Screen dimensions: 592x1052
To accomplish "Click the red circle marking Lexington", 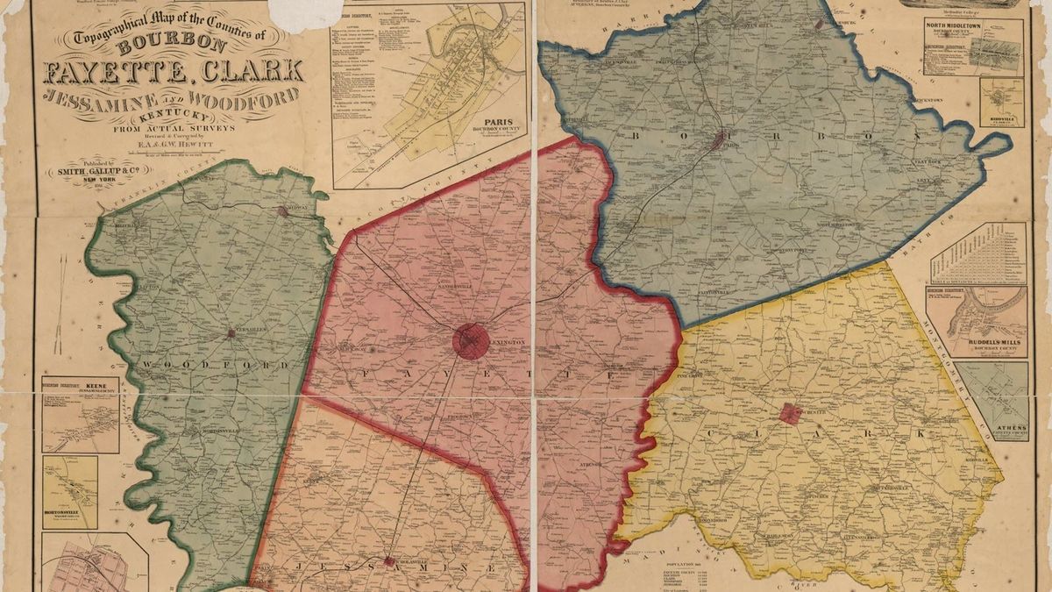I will pyautogui.click(x=471, y=341).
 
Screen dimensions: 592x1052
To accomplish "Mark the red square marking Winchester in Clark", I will pyautogui.click(x=791, y=413).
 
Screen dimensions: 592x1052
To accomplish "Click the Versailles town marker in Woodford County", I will pyautogui.click(x=231, y=333).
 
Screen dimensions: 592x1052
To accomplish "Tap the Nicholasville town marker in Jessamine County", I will pyautogui.click(x=387, y=560).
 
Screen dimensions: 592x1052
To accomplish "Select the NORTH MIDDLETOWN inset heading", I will pyautogui.click(x=972, y=25).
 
